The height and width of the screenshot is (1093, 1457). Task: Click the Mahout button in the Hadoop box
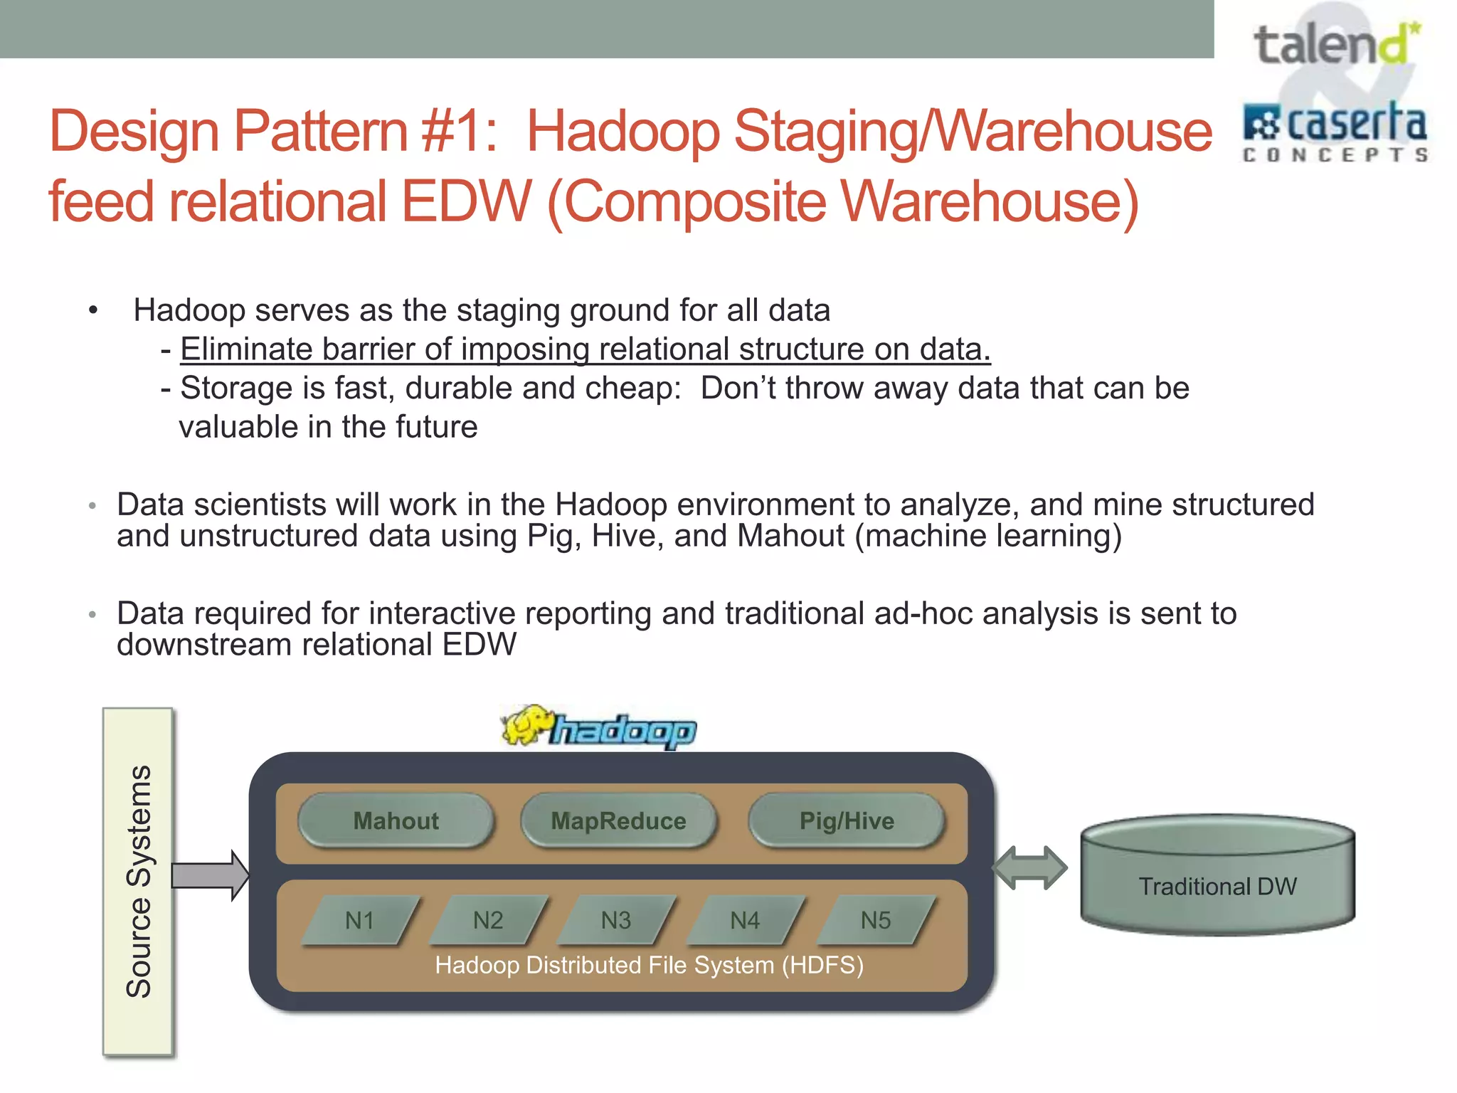tap(396, 821)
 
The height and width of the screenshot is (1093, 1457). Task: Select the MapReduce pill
tap(618, 821)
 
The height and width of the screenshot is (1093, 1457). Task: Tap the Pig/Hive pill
tap(847, 821)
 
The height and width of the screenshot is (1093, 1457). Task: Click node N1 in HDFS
tap(360, 921)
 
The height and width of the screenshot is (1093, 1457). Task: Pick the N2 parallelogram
tap(488, 921)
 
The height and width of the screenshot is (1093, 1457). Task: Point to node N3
tap(616, 921)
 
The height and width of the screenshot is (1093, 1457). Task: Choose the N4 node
tap(745, 921)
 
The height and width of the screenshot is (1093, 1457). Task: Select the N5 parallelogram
tap(875, 921)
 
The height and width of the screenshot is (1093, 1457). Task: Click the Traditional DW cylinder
tap(1217, 875)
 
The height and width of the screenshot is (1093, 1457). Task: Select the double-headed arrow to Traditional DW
tap(1029, 868)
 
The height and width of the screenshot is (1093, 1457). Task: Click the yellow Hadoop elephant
tap(526, 726)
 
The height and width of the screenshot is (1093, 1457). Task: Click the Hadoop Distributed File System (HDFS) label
tap(649, 966)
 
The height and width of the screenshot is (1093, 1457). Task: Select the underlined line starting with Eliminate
tap(585, 349)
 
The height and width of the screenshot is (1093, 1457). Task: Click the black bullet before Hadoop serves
tap(92, 310)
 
